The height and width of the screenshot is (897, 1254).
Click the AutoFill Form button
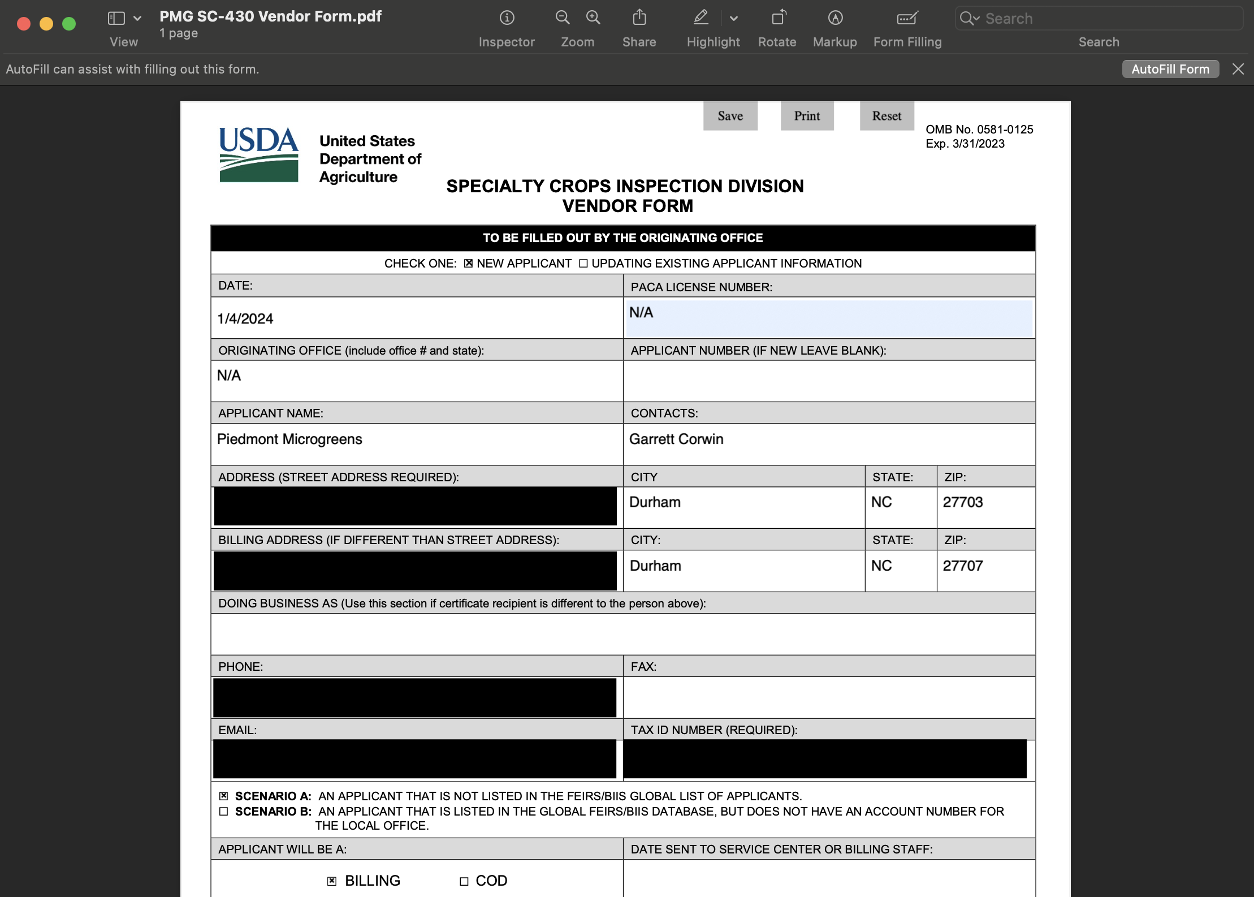click(1170, 69)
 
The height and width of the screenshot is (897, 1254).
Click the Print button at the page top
click(807, 116)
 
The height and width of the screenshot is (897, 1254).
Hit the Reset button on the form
click(886, 116)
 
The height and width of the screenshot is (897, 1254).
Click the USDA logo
click(258, 154)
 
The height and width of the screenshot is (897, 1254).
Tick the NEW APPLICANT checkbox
click(468, 264)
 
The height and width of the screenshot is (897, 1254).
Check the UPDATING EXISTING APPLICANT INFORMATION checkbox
click(583, 264)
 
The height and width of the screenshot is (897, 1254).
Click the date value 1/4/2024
click(245, 318)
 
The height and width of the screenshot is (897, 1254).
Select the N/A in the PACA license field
click(641, 313)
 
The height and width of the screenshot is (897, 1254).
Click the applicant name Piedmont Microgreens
click(289, 439)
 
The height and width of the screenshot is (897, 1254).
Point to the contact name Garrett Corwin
click(676, 439)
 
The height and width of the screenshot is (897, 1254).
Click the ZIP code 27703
click(963, 502)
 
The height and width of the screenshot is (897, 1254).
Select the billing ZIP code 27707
click(963, 566)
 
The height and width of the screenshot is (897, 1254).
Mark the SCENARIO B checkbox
click(224, 812)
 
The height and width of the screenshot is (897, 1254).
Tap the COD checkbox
click(464, 881)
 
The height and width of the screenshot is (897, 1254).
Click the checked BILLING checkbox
click(332, 881)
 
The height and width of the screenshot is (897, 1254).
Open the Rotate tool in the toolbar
click(778, 19)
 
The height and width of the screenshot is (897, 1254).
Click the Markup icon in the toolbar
click(835, 19)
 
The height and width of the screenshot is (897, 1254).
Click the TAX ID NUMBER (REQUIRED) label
click(714, 730)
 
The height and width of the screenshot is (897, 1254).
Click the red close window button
click(24, 24)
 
